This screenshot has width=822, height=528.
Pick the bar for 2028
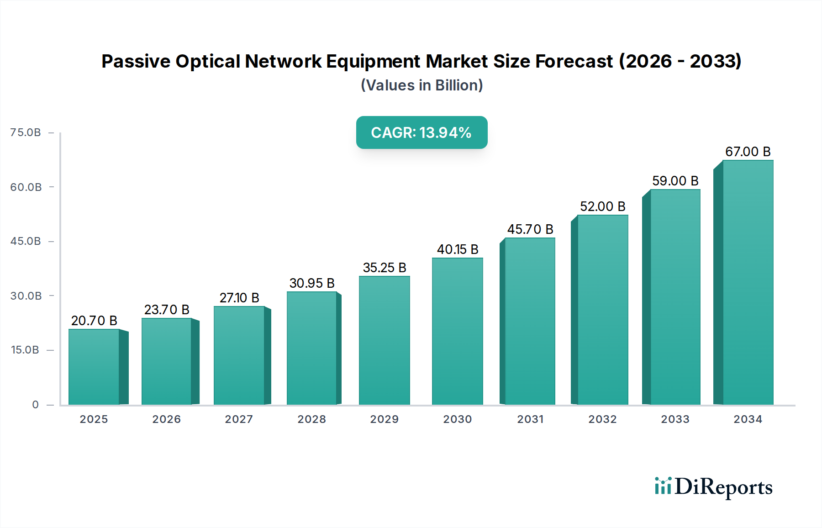pos(312,348)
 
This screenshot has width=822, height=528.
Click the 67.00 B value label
pos(748,152)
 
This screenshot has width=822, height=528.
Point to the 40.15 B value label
pos(458,249)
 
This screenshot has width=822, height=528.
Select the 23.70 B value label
pos(167,310)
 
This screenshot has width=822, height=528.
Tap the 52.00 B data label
pos(602,206)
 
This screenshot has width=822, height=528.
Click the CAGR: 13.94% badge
pos(422,132)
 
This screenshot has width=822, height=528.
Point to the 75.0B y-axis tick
pos(26,132)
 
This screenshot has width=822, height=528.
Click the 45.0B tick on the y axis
pos(26,241)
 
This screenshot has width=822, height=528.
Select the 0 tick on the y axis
pos(35,405)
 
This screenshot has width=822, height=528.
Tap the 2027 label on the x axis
pos(239,419)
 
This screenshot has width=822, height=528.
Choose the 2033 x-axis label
pos(675,419)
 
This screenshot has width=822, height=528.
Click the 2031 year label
pos(530,419)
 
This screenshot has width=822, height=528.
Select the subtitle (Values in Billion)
pos(422,85)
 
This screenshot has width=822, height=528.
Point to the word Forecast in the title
pos(574,61)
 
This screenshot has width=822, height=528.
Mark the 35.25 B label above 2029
pos(385,268)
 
